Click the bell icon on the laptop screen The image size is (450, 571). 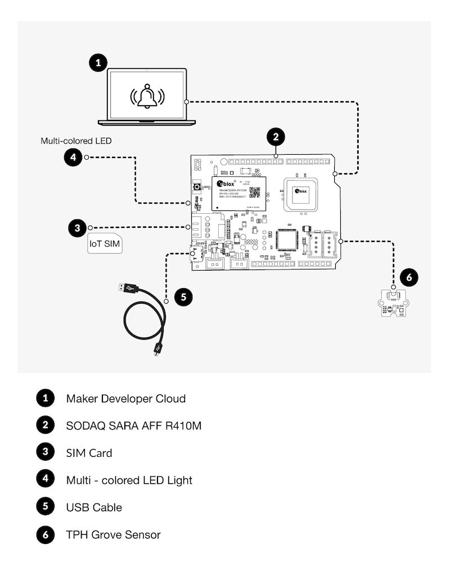point(147,96)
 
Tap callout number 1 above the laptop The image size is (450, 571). point(98,62)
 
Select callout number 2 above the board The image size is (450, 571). point(275,136)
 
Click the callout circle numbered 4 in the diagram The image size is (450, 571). point(73,158)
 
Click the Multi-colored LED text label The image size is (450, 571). point(75,141)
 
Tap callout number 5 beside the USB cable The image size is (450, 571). point(184,296)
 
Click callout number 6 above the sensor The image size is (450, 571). point(409,277)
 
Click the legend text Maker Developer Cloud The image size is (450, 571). point(125,399)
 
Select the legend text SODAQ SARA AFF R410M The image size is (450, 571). point(133,426)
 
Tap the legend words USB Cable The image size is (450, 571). point(94,507)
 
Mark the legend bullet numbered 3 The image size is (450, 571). point(45,452)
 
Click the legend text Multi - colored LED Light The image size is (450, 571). point(129,480)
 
